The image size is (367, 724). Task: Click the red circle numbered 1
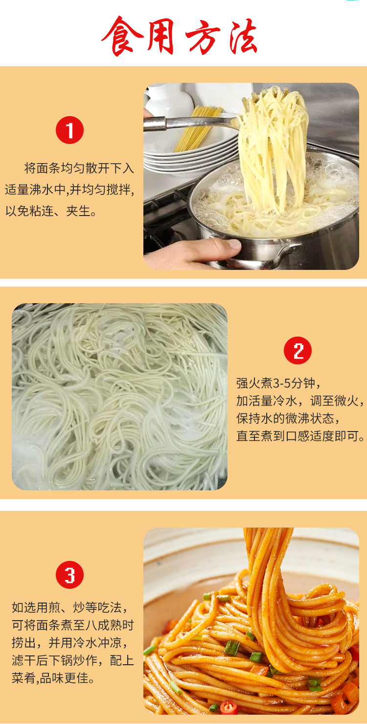(69, 130)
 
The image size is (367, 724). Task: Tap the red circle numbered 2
(298, 350)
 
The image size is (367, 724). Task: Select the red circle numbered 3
(69, 575)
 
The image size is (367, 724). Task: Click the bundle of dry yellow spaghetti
(197, 128)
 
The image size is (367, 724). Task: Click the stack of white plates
(190, 155)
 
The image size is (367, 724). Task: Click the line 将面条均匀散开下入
(79, 168)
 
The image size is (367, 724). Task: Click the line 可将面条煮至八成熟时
(73, 625)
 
